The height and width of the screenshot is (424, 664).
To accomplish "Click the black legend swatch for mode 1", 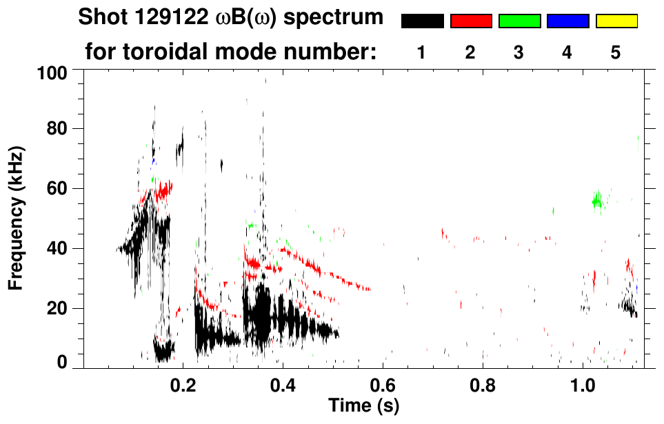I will pyautogui.click(x=422, y=21).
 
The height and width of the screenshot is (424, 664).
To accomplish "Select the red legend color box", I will pyautogui.click(x=471, y=21).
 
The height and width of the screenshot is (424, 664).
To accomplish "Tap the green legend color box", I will pyautogui.click(x=519, y=21).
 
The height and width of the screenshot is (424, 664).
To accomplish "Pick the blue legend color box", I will pyautogui.click(x=567, y=21).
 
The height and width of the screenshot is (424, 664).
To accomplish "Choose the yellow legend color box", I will pyautogui.click(x=616, y=21).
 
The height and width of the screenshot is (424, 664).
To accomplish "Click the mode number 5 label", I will pyautogui.click(x=616, y=53).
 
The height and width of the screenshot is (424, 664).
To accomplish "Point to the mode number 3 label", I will pyautogui.click(x=519, y=53).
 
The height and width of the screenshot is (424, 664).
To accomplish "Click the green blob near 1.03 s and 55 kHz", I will pyautogui.click(x=597, y=201).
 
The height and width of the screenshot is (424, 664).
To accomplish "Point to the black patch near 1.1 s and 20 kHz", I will pyautogui.click(x=628, y=305).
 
